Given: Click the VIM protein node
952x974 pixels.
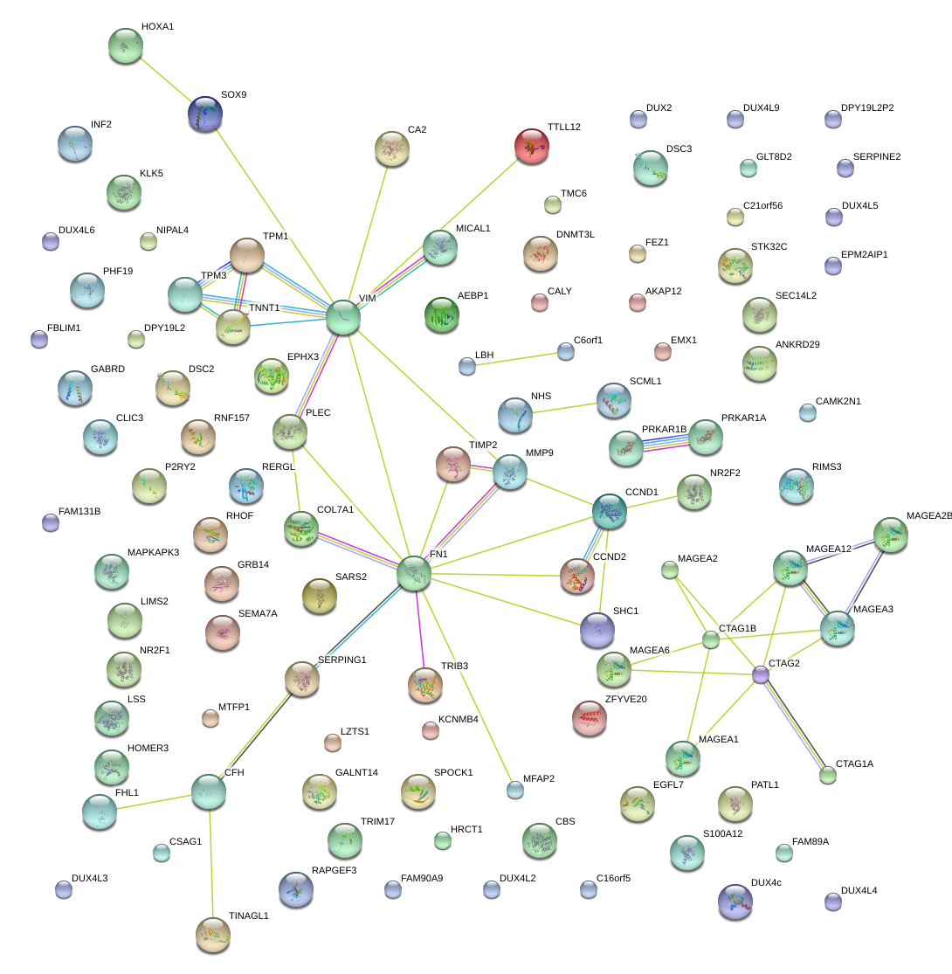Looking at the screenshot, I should coord(342,317).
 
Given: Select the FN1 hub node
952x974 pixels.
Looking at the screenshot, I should coord(413,573).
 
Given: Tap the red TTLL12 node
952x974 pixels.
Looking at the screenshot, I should coord(532,146).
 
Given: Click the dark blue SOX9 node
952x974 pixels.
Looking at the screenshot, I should coord(205,114).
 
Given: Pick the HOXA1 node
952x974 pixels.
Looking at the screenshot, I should coord(125,45).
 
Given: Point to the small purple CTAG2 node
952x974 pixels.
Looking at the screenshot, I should coord(761,674).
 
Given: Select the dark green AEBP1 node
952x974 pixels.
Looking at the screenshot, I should coord(441,314).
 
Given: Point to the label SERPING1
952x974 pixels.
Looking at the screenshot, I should coord(341,660).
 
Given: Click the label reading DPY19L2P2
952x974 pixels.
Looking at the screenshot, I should coord(867,108).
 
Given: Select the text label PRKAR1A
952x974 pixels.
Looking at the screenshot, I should coord(743,418).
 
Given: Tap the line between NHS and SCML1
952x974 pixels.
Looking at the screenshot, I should coord(565,407).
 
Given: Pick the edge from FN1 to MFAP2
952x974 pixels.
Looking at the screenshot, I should coord(465,683).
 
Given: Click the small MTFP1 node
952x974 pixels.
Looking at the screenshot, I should coord(210,718).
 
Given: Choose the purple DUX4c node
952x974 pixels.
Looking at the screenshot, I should coord(734,901).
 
